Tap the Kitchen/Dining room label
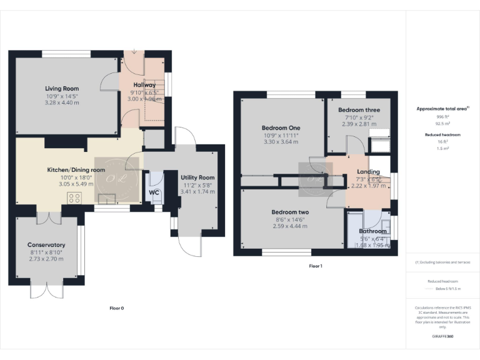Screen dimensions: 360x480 pos(76,169)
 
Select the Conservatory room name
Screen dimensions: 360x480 pos(46,244)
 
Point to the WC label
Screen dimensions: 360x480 pos(154,193)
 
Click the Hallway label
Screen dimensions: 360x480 pos(144,85)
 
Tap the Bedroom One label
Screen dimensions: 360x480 pos(280,128)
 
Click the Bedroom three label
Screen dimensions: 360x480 pos(359,110)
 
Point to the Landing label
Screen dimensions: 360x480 pos(368,171)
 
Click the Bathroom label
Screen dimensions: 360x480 pos(373,231)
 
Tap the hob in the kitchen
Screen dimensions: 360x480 pos(74,199)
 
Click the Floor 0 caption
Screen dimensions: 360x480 pos(117,308)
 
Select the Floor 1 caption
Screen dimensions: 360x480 pos(316,266)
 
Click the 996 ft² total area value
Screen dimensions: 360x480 pos(442,117)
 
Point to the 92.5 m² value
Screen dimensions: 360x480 pos(442,124)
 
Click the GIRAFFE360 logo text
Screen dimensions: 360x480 pos(442,337)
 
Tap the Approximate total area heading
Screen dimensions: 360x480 pos(442,109)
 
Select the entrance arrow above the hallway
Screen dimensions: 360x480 pos(133,52)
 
